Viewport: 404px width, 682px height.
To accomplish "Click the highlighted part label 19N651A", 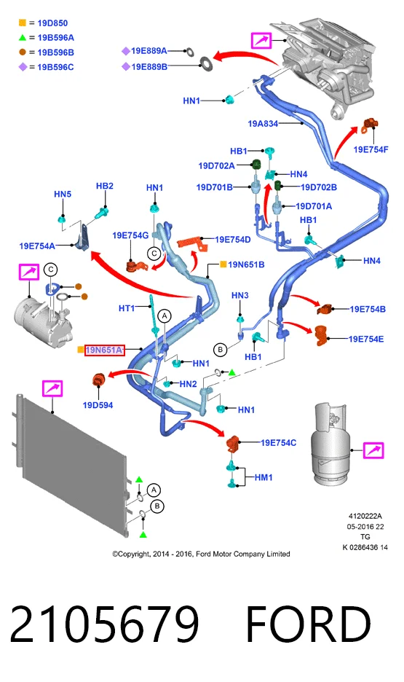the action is pos(104,350).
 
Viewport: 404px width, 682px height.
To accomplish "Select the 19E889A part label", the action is pos(149,51).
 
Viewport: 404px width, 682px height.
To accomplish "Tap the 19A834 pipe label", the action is pos(263,124).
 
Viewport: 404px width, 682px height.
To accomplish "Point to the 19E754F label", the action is pos(371,149).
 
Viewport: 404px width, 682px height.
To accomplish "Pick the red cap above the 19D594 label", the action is pos(98,380).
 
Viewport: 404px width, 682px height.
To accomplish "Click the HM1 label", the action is pos(264,477).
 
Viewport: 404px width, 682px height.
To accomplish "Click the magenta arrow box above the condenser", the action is pos(52,388).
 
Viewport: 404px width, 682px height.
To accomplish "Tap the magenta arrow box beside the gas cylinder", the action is pos(373,450).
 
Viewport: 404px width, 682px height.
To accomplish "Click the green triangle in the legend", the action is pos(23,38).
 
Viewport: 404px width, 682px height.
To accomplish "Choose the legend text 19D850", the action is pos(52,23).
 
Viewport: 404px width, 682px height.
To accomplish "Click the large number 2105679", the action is pos(104,623).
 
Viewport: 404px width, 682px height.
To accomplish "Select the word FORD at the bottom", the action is pos(309,623).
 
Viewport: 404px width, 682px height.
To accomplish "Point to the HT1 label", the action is pos(127,308).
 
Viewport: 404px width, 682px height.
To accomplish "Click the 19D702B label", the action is pos(319,187).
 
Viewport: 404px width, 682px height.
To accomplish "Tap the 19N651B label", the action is pos(246,264).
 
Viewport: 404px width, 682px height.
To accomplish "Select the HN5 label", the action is pos(63,194).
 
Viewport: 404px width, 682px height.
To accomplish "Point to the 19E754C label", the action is pos(279,442).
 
